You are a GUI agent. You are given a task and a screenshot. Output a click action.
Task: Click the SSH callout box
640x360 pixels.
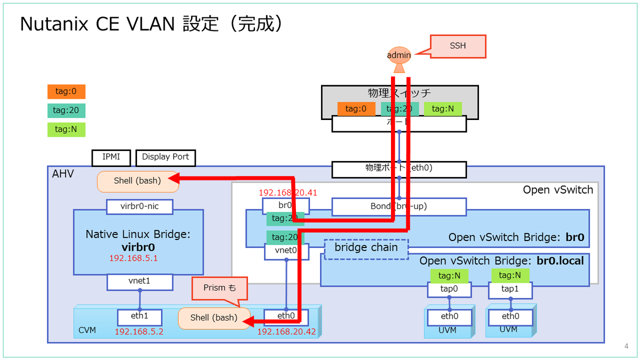coord(458,46)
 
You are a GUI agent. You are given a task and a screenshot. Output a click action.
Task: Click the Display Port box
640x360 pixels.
coord(166,157)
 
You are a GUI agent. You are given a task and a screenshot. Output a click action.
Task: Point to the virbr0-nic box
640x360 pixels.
coord(140,206)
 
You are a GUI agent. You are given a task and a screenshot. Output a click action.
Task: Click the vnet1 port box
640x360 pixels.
coord(140,282)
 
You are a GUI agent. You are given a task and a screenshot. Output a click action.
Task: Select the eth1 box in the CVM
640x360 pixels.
coord(140,316)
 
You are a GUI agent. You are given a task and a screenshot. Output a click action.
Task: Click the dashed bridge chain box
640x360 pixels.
coord(366,249)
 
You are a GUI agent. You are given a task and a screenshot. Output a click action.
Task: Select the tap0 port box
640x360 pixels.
coord(450,290)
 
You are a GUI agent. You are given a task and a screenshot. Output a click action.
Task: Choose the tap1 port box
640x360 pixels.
coord(510,290)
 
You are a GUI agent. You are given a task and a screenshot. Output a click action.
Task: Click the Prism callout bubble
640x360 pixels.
coord(220,288)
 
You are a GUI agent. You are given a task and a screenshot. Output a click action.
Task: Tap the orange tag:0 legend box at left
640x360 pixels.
coord(66,92)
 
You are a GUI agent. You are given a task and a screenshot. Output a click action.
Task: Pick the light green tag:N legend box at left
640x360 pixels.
coord(66,129)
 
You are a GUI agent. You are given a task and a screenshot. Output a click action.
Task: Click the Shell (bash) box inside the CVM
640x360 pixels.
coord(213,318)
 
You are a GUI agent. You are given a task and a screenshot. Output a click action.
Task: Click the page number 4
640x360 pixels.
coord(626,347)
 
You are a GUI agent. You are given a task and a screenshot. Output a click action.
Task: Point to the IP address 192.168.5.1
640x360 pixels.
coord(133,258)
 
